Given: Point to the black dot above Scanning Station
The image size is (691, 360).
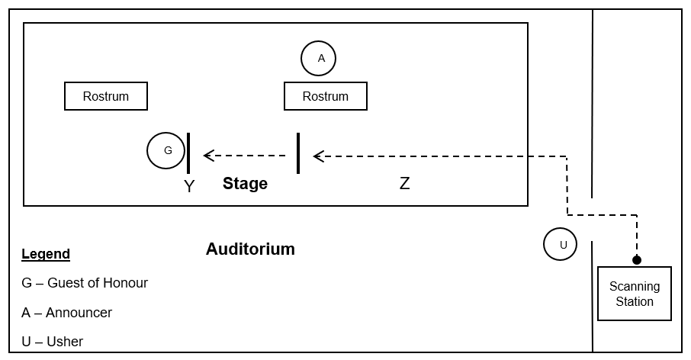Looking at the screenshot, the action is [x=637, y=260].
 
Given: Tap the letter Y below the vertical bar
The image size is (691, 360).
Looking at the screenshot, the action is [x=189, y=186].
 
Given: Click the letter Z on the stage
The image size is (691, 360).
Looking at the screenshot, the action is [x=404, y=183].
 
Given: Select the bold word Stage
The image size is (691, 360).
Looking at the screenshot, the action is [x=245, y=183].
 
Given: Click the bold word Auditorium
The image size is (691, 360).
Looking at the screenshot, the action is [x=250, y=249].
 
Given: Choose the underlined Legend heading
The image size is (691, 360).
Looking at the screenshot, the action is [x=46, y=254].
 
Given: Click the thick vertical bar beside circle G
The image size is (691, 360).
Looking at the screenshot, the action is [x=188, y=153].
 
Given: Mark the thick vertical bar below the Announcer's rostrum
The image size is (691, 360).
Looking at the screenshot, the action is [x=298, y=153].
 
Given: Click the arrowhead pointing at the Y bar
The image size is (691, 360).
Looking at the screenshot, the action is [x=208, y=156].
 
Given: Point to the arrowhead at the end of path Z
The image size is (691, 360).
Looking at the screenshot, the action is [x=318, y=156].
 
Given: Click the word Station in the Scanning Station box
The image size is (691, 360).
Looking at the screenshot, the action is [x=635, y=301].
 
